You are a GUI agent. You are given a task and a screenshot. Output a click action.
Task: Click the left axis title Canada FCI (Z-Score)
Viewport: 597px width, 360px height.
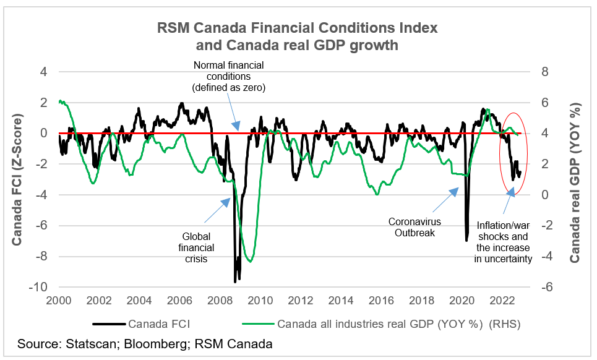tap(18, 179)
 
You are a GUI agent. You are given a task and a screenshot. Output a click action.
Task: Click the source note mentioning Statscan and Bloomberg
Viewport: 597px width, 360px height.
tap(145, 343)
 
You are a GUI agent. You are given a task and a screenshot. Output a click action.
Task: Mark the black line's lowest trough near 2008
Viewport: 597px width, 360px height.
tap(235, 281)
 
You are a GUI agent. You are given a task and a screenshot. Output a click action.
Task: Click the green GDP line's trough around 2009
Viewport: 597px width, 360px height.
tap(250, 261)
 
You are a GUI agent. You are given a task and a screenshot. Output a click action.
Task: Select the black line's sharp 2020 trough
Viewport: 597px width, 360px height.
tap(467, 240)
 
